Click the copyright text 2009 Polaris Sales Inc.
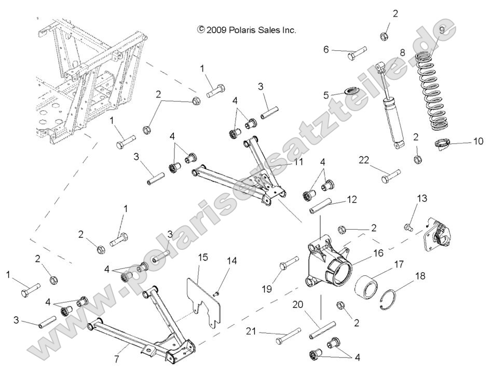[247, 30]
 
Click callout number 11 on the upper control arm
[283, 163]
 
